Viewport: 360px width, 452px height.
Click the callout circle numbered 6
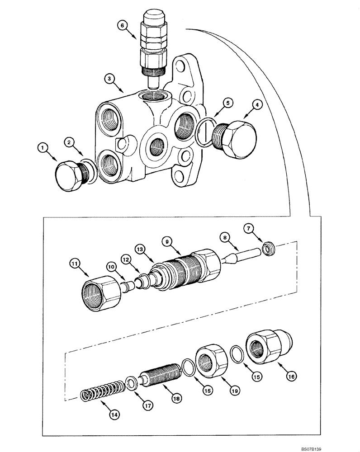[121, 26]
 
